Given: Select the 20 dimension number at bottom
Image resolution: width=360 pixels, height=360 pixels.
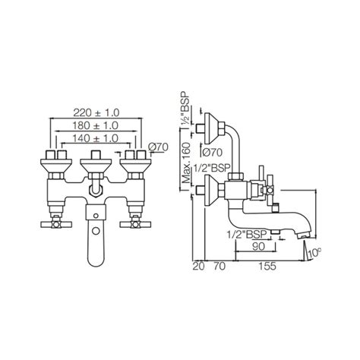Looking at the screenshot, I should (x=199, y=267).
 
